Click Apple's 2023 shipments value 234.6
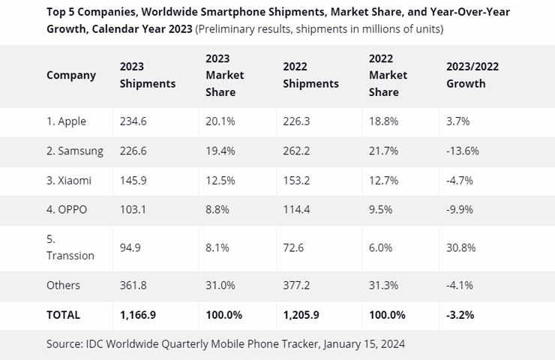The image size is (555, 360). (x=133, y=121)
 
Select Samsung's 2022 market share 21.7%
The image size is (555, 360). (x=383, y=151)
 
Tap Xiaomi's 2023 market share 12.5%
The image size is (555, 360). (x=220, y=180)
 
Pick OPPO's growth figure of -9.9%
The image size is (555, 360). (x=460, y=209)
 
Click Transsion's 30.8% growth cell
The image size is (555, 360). (x=461, y=247)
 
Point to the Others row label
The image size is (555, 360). (x=63, y=285)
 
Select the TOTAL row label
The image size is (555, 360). (x=63, y=315)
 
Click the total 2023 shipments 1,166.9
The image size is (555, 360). (x=139, y=315)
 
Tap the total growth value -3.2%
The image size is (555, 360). (x=460, y=315)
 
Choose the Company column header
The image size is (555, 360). (x=71, y=75)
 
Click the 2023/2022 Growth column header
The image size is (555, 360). (x=472, y=75)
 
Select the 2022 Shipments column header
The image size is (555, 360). (x=310, y=75)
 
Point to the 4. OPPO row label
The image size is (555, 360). (x=67, y=209)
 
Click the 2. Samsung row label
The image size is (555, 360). (x=75, y=151)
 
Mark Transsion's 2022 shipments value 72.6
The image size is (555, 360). (x=295, y=247)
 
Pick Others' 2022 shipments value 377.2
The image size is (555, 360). (x=298, y=285)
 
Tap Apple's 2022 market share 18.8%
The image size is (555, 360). (x=383, y=121)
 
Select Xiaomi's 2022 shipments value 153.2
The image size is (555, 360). (x=298, y=180)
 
